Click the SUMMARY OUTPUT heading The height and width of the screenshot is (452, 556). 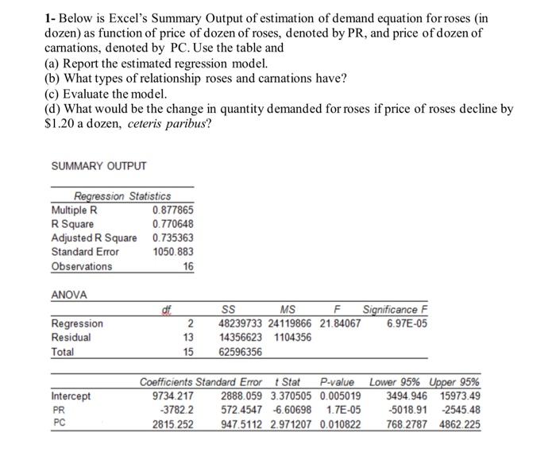coord(98,165)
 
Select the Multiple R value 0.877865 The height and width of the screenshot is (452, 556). coord(172,211)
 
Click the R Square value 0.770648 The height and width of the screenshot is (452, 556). coord(172,224)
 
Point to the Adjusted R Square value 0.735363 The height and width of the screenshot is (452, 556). coord(172,238)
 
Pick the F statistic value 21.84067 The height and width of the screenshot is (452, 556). coord(339,323)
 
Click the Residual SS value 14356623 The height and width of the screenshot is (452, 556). coord(244,337)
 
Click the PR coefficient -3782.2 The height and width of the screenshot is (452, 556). coord(178,410)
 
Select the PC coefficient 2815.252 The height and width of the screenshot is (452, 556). coord(173,424)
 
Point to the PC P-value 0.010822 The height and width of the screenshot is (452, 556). coord(340,424)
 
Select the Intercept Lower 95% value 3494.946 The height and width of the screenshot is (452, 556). coord(406,396)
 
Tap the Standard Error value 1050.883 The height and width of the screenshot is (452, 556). coord(172,251)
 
